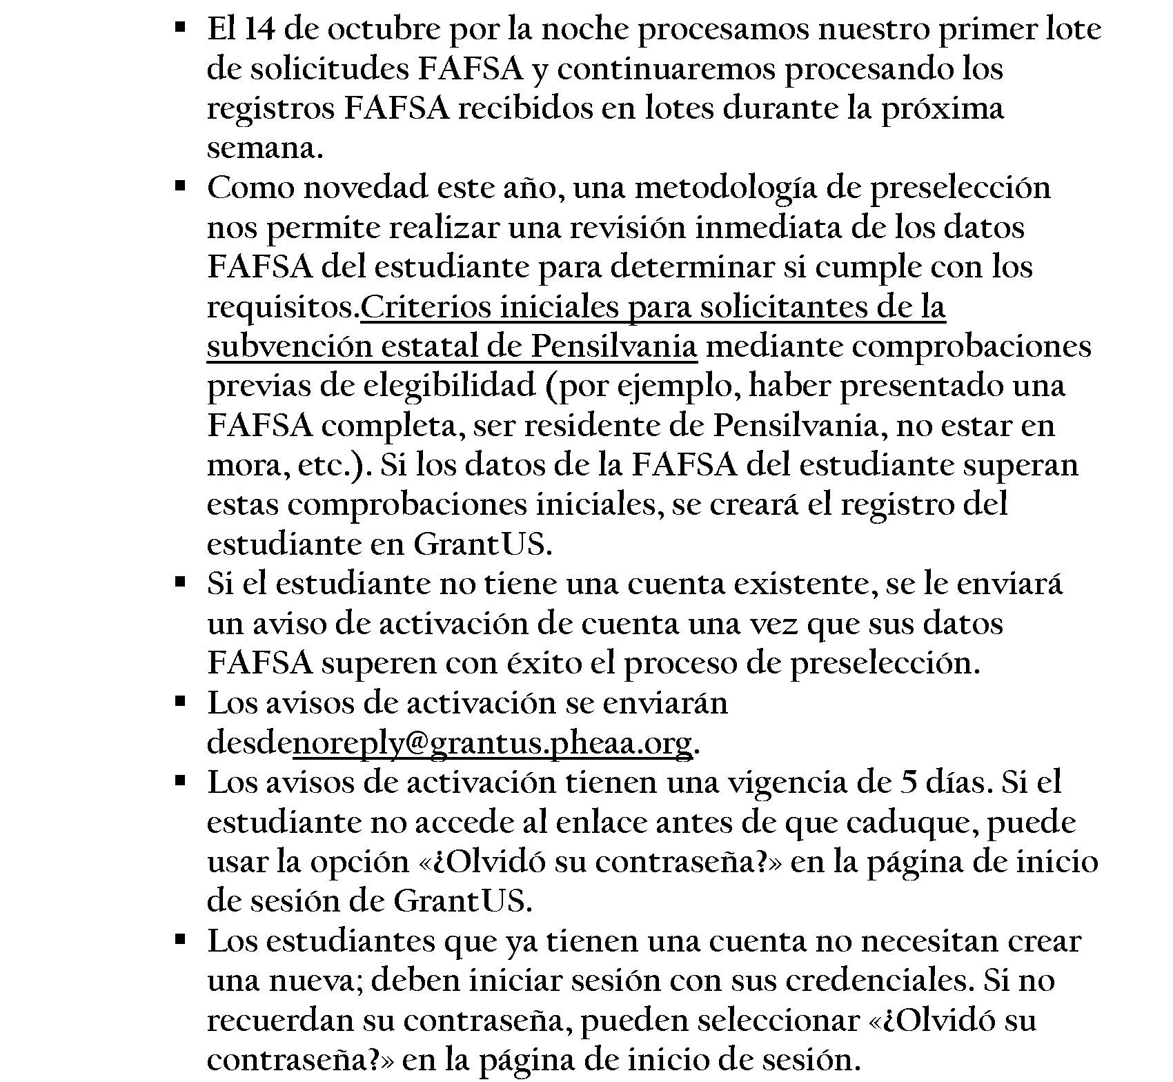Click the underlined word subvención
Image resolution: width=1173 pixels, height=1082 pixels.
point(288,346)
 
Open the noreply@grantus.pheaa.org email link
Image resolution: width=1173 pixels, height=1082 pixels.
point(493,743)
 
